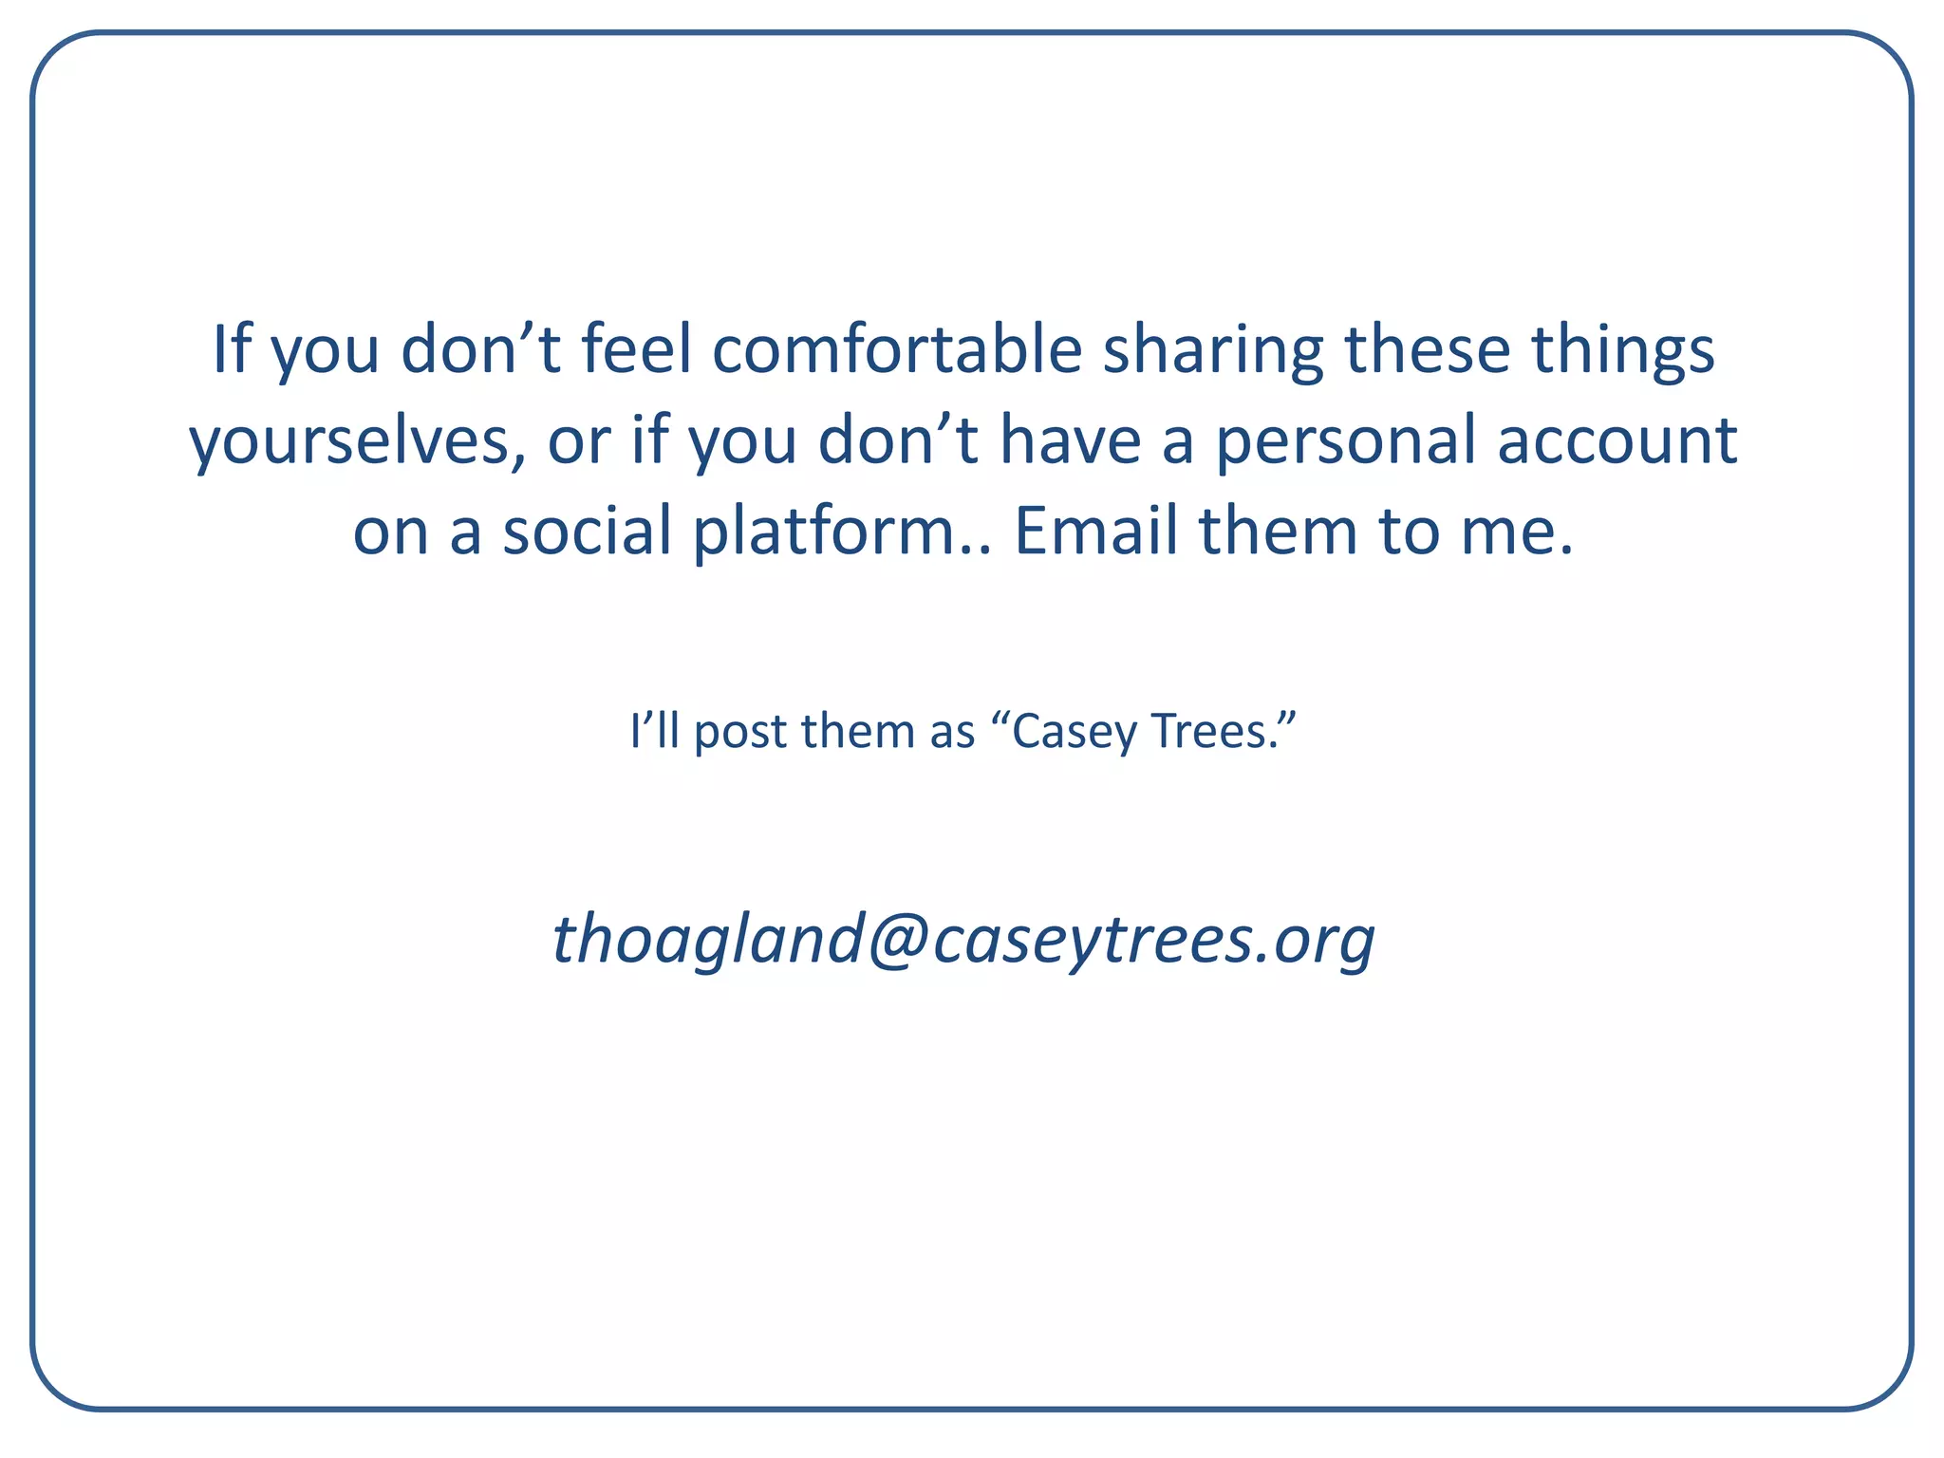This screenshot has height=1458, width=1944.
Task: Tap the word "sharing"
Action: (x=1211, y=350)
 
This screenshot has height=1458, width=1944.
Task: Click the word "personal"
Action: (x=1346, y=441)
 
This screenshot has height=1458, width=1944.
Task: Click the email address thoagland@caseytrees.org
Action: (x=963, y=940)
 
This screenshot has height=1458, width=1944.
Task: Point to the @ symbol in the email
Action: (x=896, y=940)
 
